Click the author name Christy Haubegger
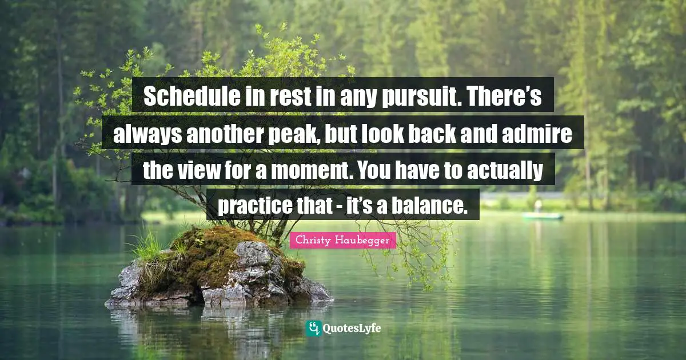click(342, 241)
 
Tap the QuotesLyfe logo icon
click(313, 328)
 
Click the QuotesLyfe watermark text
click(352, 329)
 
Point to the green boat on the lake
click(542, 216)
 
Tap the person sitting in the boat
click(538, 206)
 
